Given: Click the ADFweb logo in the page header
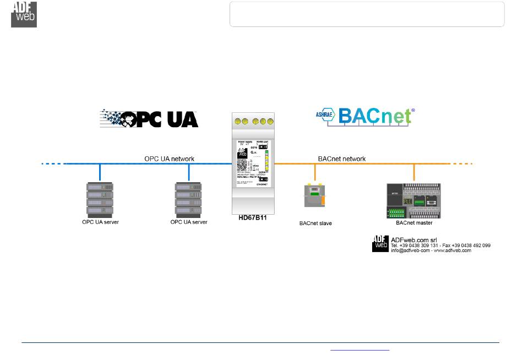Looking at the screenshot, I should (24, 14).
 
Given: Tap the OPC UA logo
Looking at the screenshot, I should (149, 118).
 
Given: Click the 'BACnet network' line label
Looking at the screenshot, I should (342, 159).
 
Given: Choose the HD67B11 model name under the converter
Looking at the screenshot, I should (253, 218).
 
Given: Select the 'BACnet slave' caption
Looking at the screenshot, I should (315, 223).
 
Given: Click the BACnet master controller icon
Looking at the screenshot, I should (414, 200).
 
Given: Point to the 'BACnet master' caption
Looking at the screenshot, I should (414, 223).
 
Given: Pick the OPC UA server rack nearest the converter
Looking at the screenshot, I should (189, 200).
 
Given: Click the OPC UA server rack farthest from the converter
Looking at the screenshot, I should (100, 200).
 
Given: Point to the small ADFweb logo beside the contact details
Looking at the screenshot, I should (380, 243).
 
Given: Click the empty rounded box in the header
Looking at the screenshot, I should (367, 14).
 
